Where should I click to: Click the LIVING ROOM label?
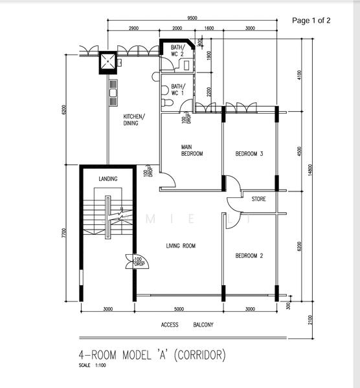(x=181, y=246)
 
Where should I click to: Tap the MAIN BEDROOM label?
(x=192, y=151)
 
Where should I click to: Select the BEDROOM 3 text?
(x=249, y=154)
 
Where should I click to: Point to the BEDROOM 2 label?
(x=249, y=255)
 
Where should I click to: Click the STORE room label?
(x=258, y=199)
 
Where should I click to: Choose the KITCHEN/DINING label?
(x=135, y=120)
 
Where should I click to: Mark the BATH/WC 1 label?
(x=177, y=89)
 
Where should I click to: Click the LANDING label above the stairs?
(x=108, y=179)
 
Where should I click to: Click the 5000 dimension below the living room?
(x=179, y=309)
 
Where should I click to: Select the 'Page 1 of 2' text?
(x=311, y=20)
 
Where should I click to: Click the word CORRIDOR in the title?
(x=199, y=355)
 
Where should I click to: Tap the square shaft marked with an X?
(x=107, y=62)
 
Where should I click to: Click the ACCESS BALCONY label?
(x=187, y=325)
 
